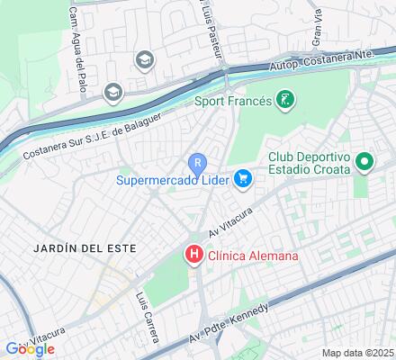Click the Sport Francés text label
click(232, 100)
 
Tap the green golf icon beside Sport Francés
click(285, 100)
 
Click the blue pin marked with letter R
click(198, 163)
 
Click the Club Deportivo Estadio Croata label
click(310, 165)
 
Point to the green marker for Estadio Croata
click(364, 163)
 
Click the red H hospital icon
click(193, 256)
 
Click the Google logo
click(29, 348)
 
